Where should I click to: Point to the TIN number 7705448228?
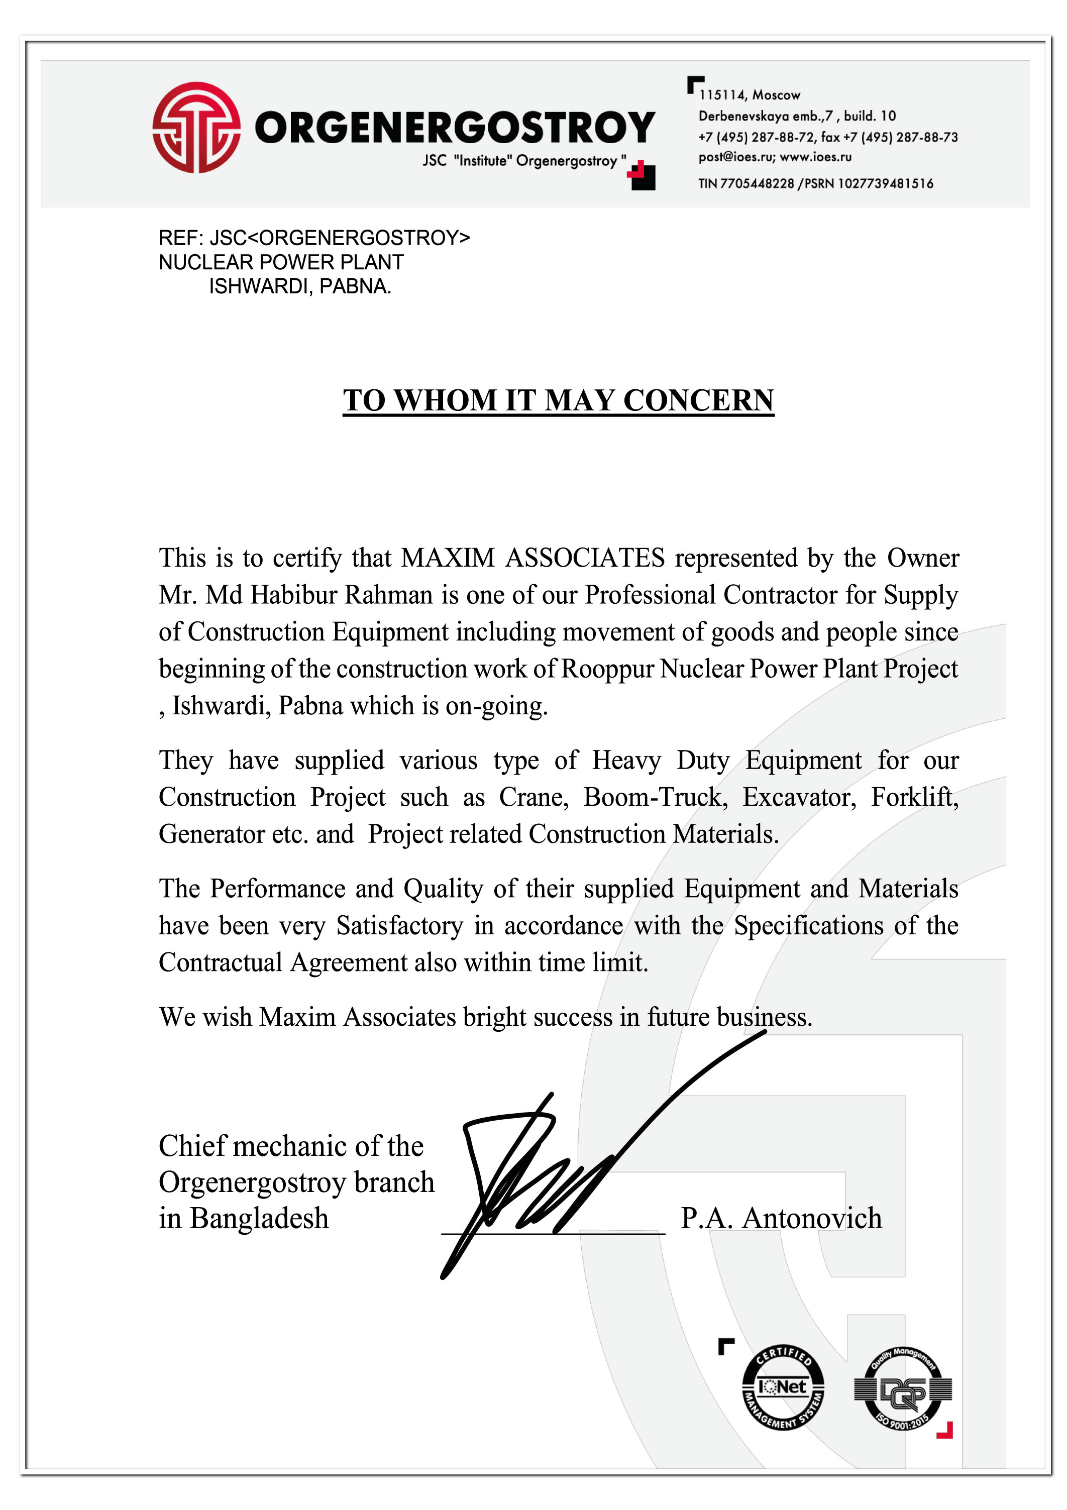pos(757,183)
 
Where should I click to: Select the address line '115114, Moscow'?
pos(750,95)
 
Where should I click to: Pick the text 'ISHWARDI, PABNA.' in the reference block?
pos(300,287)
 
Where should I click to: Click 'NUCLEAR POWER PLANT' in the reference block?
pos(281,262)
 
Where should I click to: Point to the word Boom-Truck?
pos(655,797)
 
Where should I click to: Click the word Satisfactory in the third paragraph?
pos(399,925)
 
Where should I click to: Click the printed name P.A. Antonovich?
pos(781,1218)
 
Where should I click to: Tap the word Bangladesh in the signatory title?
pos(259,1218)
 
